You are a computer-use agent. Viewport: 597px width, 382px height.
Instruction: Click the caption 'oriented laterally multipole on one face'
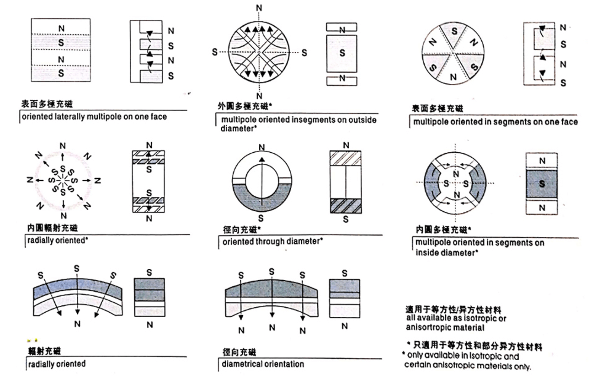[x=94, y=117]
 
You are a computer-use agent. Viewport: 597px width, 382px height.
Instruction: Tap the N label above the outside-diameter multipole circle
[x=258, y=8]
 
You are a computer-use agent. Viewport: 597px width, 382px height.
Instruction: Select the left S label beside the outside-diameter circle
[x=214, y=52]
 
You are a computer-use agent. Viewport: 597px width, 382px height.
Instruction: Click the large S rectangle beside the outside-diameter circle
[x=342, y=53]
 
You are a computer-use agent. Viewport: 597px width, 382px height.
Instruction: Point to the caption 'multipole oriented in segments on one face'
[x=495, y=122]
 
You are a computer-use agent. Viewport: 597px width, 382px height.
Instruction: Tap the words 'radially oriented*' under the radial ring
[x=57, y=240]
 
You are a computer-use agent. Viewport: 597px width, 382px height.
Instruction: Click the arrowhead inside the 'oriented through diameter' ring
[x=262, y=159]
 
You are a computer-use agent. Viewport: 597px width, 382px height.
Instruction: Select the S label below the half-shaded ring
[x=261, y=218]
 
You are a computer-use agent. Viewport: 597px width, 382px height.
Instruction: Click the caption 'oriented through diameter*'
[x=272, y=242]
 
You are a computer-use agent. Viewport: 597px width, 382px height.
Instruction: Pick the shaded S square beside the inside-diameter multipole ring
[x=542, y=184]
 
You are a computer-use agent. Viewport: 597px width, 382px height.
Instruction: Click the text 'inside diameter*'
[x=447, y=253]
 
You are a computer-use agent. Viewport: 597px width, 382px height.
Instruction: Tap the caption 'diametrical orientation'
[x=263, y=364]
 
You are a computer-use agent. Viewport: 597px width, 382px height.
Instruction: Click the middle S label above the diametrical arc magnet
[x=271, y=272]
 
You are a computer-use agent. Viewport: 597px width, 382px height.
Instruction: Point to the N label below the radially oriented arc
[x=77, y=324]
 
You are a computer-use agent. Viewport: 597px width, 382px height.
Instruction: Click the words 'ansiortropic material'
[x=445, y=327]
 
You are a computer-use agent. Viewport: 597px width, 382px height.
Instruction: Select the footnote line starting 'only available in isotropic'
[x=463, y=356]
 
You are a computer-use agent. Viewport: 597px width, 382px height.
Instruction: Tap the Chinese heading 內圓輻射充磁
[x=52, y=228]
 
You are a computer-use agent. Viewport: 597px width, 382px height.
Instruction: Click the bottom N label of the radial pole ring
[x=63, y=215]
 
